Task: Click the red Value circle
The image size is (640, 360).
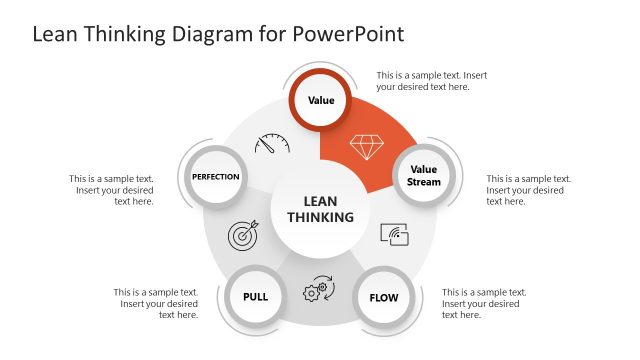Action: pyautogui.click(x=321, y=101)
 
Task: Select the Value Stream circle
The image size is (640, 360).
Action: pyautogui.click(x=424, y=176)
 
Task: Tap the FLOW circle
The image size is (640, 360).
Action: pyautogui.click(x=384, y=298)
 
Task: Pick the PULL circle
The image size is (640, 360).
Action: pyautogui.click(x=255, y=297)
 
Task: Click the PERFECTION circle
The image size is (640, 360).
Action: pyautogui.click(x=216, y=177)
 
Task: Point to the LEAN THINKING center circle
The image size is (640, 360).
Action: pyautogui.click(x=320, y=209)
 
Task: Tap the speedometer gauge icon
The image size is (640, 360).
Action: pyautogui.click(x=271, y=143)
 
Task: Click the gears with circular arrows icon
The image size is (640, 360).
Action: pyautogui.click(x=318, y=288)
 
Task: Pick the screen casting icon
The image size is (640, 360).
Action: pyautogui.click(x=395, y=235)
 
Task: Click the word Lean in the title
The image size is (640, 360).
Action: pyautogui.click(x=55, y=34)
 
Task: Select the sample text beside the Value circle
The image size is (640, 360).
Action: pyautogui.click(x=431, y=81)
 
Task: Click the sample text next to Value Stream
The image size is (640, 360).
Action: pyautogui.click(x=528, y=190)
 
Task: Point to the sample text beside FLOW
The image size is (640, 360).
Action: pyautogui.click(x=484, y=303)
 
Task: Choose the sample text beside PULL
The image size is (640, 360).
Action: pyautogui.click(x=157, y=303)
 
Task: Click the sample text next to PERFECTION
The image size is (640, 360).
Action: pyautogui.click(x=112, y=190)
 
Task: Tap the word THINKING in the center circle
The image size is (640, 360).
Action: pyautogui.click(x=320, y=217)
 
